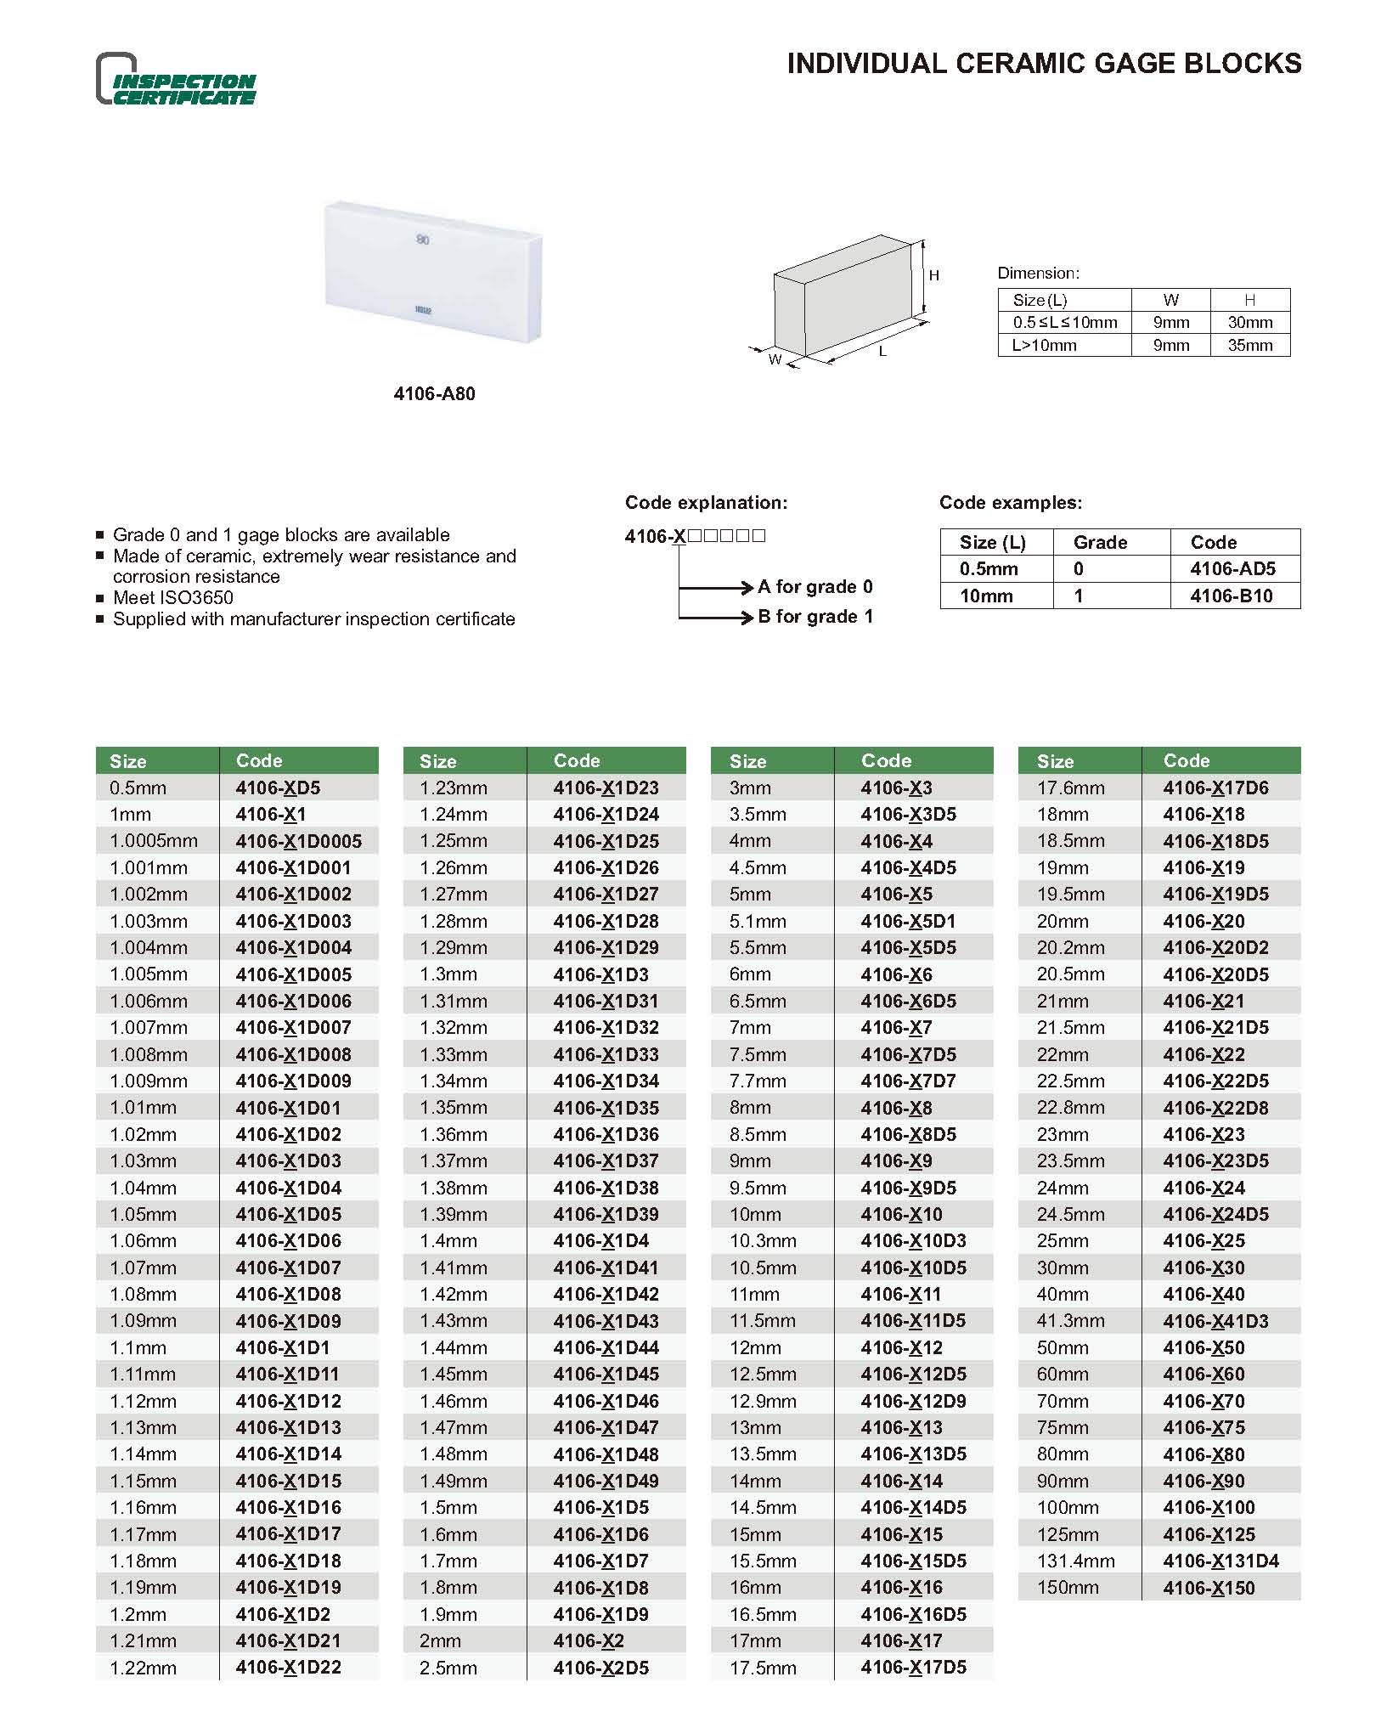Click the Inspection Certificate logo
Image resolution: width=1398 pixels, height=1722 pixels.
tap(176, 80)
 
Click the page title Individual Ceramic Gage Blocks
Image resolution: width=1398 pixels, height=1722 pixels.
tap(1044, 64)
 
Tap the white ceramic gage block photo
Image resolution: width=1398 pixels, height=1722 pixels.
tap(433, 272)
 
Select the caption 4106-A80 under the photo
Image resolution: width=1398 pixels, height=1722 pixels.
tap(434, 394)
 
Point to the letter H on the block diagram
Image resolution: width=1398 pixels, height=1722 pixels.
tap(934, 275)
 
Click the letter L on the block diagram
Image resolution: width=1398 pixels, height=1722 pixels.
tap(883, 351)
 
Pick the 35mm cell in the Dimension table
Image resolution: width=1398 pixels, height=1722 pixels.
tap(1249, 346)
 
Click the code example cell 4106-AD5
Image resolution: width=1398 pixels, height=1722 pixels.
tap(1232, 569)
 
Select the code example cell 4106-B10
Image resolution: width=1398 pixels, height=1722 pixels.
tap(1231, 596)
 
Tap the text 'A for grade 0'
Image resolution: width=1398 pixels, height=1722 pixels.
tap(815, 587)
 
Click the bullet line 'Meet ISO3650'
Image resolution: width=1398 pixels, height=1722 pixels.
tap(173, 598)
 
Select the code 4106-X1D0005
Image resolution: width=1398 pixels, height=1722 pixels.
tap(299, 841)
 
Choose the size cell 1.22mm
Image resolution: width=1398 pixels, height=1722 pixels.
tap(143, 1668)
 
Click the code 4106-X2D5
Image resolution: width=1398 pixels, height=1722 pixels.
tap(600, 1668)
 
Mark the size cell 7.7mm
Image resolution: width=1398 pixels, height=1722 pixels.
tap(758, 1081)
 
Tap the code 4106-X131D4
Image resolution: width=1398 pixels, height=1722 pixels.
tap(1220, 1561)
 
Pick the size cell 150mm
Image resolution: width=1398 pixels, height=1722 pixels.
tap(1068, 1588)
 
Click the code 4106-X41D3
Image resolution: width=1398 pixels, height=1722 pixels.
tap(1215, 1321)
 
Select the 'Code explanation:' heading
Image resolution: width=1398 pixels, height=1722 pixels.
tap(706, 503)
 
